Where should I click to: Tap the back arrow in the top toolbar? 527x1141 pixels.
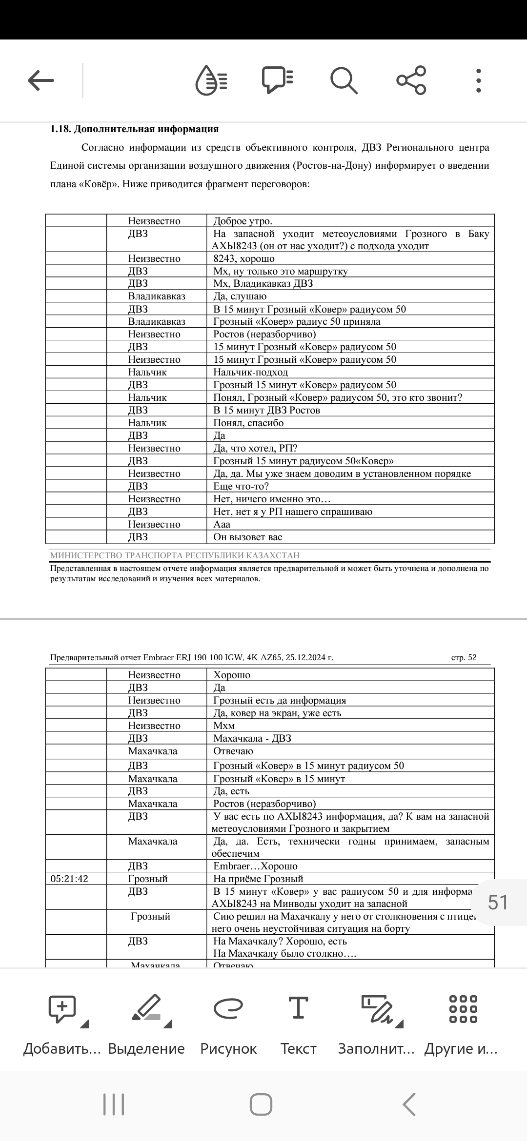pos(41,80)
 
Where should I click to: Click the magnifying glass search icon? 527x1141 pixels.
pos(344,80)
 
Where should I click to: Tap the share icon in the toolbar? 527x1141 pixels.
pos(411,80)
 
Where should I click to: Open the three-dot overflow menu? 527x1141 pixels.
pos(479,80)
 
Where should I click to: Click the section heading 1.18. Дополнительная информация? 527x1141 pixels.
pos(135,129)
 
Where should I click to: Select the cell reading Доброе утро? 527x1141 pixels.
pos(243,221)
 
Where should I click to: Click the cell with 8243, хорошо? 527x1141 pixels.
pos(244,259)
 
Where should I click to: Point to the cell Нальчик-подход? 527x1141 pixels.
pos(251,373)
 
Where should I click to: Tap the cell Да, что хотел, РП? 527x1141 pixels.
pos(256,449)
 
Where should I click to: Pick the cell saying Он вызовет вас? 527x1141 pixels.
pos(248,537)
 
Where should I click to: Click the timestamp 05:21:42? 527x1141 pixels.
pos(70,879)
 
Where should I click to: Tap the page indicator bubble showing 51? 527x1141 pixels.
pos(498,903)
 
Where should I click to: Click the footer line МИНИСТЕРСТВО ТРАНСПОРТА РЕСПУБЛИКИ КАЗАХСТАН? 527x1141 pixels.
pos(175,556)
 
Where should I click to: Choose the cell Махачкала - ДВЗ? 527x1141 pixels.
pos(252,739)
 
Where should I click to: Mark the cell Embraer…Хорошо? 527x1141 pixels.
pos(255,866)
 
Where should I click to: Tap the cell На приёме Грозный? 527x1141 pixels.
pos(258,879)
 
